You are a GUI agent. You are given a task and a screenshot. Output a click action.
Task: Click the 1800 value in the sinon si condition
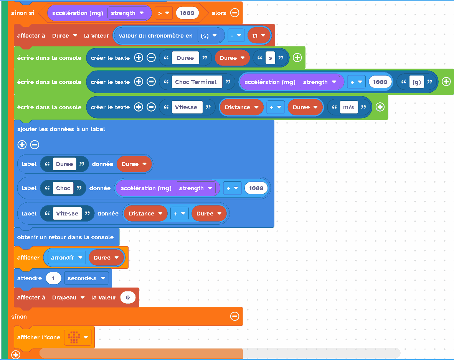pyautogui.click(x=187, y=13)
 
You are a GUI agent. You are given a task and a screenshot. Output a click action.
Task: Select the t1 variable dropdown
pyautogui.click(x=259, y=36)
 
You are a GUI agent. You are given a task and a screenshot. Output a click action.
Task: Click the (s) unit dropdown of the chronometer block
pyautogui.click(x=209, y=36)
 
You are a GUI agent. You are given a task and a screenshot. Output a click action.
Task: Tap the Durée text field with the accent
pyautogui.click(x=185, y=58)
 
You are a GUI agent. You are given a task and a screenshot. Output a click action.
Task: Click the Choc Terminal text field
pyautogui.click(x=196, y=82)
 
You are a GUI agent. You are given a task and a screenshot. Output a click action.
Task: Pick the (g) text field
pyautogui.click(x=417, y=82)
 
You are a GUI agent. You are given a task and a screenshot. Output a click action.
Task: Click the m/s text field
pyautogui.click(x=348, y=107)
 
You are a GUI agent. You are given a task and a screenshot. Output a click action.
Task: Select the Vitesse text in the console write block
pyautogui.click(x=186, y=107)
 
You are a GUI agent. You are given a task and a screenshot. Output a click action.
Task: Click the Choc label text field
pyautogui.click(x=63, y=188)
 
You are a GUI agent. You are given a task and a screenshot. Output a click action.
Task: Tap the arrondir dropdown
pyautogui.click(x=67, y=258)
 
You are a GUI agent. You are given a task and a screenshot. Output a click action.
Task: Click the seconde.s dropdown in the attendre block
pyautogui.click(x=86, y=278)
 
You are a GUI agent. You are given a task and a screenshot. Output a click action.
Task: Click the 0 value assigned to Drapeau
pyautogui.click(x=128, y=298)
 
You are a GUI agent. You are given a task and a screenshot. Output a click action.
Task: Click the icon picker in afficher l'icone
pyautogui.click(x=78, y=337)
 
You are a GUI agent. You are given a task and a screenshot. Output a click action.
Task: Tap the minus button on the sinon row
pyautogui.click(x=234, y=316)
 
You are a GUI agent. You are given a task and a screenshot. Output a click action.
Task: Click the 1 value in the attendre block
pyautogui.click(x=53, y=278)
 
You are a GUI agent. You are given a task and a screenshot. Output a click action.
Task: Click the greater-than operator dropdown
pyautogui.click(x=163, y=13)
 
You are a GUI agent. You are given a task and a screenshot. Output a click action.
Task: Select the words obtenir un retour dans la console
pyautogui.click(x=66, y=237)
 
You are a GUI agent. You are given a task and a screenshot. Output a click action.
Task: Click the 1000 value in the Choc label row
pyautogui.click(x=256, y=188)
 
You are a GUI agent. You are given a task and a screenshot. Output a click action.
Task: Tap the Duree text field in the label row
pyautogui.click(x=64, y=164)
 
